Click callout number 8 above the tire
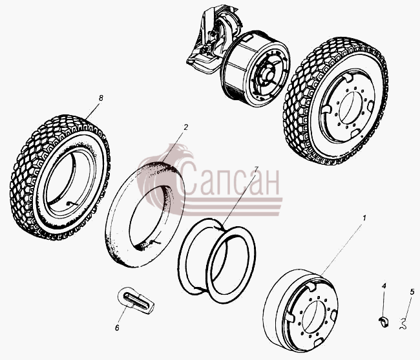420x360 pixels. click(101, 98)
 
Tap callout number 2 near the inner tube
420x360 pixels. click(186, 127)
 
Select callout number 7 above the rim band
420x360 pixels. click(257, 169)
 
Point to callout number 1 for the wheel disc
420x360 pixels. click(364, 218)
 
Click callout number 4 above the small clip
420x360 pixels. click(384, 286)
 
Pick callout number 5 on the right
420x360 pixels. click(412, 291)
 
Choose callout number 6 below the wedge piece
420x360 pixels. click(117, 328)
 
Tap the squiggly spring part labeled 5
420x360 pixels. click(403, 324)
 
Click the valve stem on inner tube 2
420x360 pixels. click(154, 242)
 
